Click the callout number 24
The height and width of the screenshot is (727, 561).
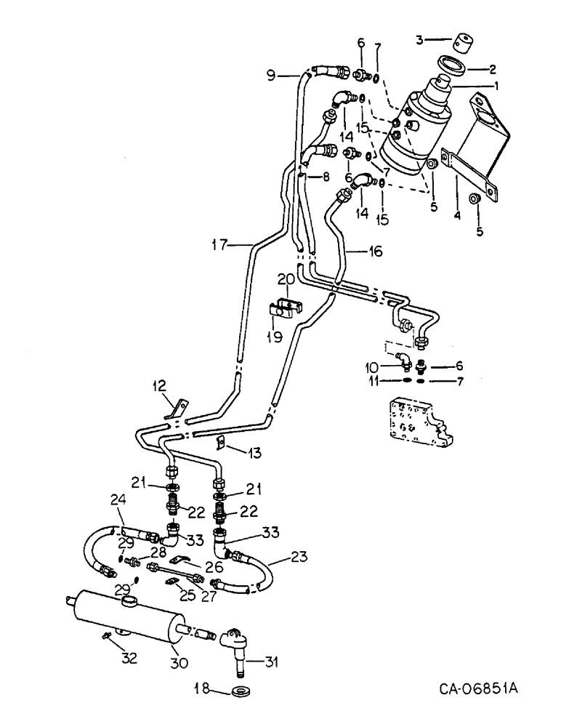pos(118,500)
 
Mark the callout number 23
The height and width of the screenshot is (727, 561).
pos(298,559)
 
